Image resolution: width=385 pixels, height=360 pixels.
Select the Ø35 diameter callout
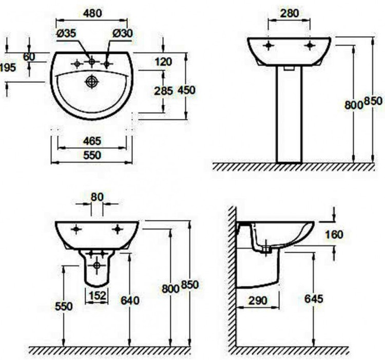[67, 33]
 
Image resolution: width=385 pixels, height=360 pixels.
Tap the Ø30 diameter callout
[122, 33]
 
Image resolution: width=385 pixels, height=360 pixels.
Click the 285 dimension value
[164, 91]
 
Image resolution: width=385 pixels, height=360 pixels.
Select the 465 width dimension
[92, 141]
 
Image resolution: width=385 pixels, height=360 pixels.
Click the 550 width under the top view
[92, 155]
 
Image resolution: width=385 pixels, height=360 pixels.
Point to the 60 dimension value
[29, 57]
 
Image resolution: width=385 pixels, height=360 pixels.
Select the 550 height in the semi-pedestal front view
[64, 306]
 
